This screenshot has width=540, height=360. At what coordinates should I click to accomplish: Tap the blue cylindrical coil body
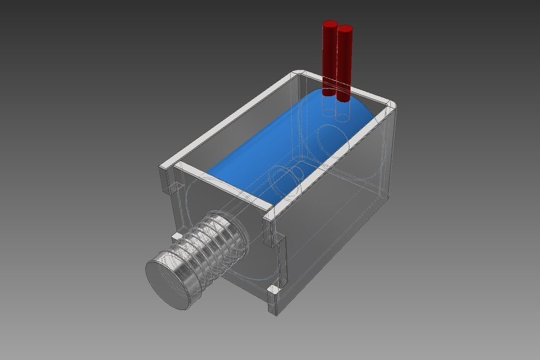(x=275, y=147)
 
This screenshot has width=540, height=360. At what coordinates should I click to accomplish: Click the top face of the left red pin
(x=329, y=23)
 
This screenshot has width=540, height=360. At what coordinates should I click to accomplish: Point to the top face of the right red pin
(x=345, y=28)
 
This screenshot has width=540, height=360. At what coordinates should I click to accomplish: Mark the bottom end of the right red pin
(x=343, y=98)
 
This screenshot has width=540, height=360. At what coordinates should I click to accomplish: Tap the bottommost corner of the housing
(x=276, y=313)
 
